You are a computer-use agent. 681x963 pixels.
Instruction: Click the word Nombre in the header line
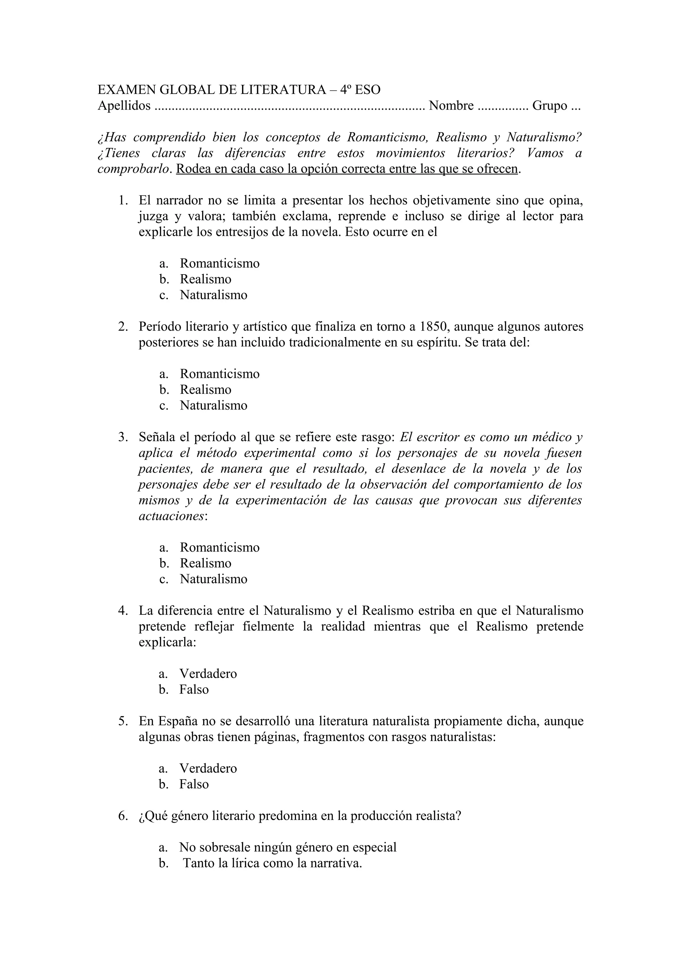pyautogui.click(x=451, y=106)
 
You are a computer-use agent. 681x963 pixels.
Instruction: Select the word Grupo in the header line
pyautogui.click(x=550, y=106)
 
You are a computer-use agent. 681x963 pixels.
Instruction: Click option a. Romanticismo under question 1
pyautogui.click(x=219, y=264)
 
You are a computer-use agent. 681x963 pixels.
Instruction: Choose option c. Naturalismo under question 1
pyautogui.click(x=213, y=295)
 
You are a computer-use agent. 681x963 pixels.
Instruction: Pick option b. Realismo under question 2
pyautogui.click(x=205, y=390)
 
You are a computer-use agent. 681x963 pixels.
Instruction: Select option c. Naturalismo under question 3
pyautogui.click(x=213, y=579)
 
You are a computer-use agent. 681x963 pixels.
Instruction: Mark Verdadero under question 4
pyautogui.click(x=208, y=674)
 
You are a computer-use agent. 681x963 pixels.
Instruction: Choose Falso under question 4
pyautogui.click(x=194, y=690)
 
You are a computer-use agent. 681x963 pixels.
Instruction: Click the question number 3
pyautogui.click(x=122, y=437)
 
